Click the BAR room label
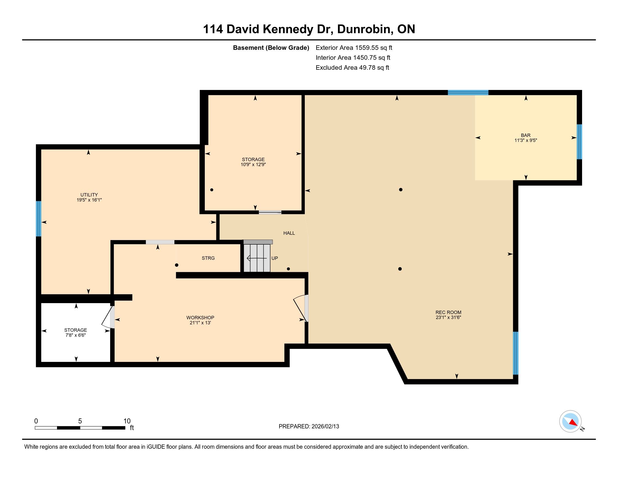pos(526,135)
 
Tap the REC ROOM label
pos(449,312)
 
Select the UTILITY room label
pos(89,195)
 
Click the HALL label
pos(289,233)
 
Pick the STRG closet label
pos(208,258)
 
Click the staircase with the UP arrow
pos(257,256)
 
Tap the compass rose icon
pos(571,421)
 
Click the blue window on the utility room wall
pos(38,218)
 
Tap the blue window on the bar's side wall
pos(579,142)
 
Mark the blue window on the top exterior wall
pos(468,93)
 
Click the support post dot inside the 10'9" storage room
pos(212,190)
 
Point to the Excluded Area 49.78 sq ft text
pos(352,68)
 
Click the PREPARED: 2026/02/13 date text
pos(309,427)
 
